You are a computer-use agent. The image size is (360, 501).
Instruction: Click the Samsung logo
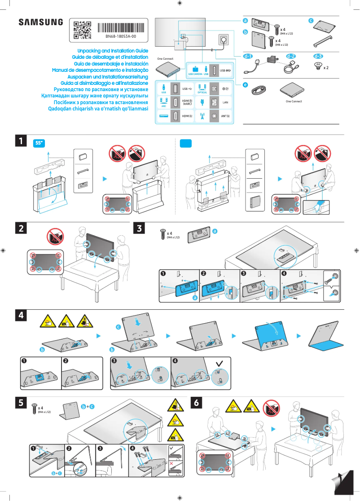(x=40, y=22)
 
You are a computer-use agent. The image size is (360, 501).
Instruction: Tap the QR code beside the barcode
(x=82, y=29)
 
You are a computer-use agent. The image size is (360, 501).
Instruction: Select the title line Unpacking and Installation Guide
(x=113, y=51)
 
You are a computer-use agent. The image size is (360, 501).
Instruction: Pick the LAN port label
(x=226, y=102)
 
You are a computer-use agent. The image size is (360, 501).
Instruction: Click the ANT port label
(x=225, y=116)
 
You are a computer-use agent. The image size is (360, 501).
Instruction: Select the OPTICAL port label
(x=202, y=92)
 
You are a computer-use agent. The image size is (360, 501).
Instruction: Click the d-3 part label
(x=318, y=57)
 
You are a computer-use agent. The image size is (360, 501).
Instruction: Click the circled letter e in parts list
(x=245, y=84)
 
